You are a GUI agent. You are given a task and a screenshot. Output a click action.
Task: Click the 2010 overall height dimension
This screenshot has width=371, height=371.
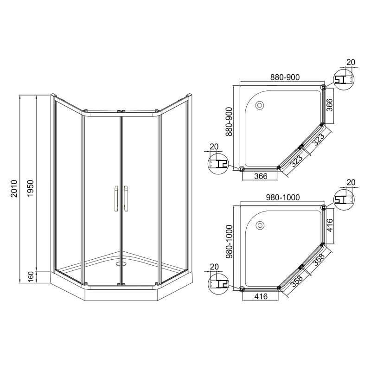point(14,189)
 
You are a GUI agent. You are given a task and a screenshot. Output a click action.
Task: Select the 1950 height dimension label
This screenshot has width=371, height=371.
point(31,189)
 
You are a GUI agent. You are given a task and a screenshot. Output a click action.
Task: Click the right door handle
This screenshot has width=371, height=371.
point(126,198)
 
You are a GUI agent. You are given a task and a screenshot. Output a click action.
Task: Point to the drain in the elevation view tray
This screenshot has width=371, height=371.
point(121,264)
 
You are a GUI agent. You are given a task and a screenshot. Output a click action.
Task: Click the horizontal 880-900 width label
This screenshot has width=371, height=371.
point(285,77)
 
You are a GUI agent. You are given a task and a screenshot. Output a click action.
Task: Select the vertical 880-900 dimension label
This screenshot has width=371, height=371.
point(229,122)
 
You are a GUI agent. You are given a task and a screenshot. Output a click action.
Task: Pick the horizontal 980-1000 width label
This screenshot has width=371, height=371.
point(283,198)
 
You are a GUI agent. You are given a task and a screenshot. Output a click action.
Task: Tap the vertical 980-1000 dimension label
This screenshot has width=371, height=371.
point(229,242)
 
